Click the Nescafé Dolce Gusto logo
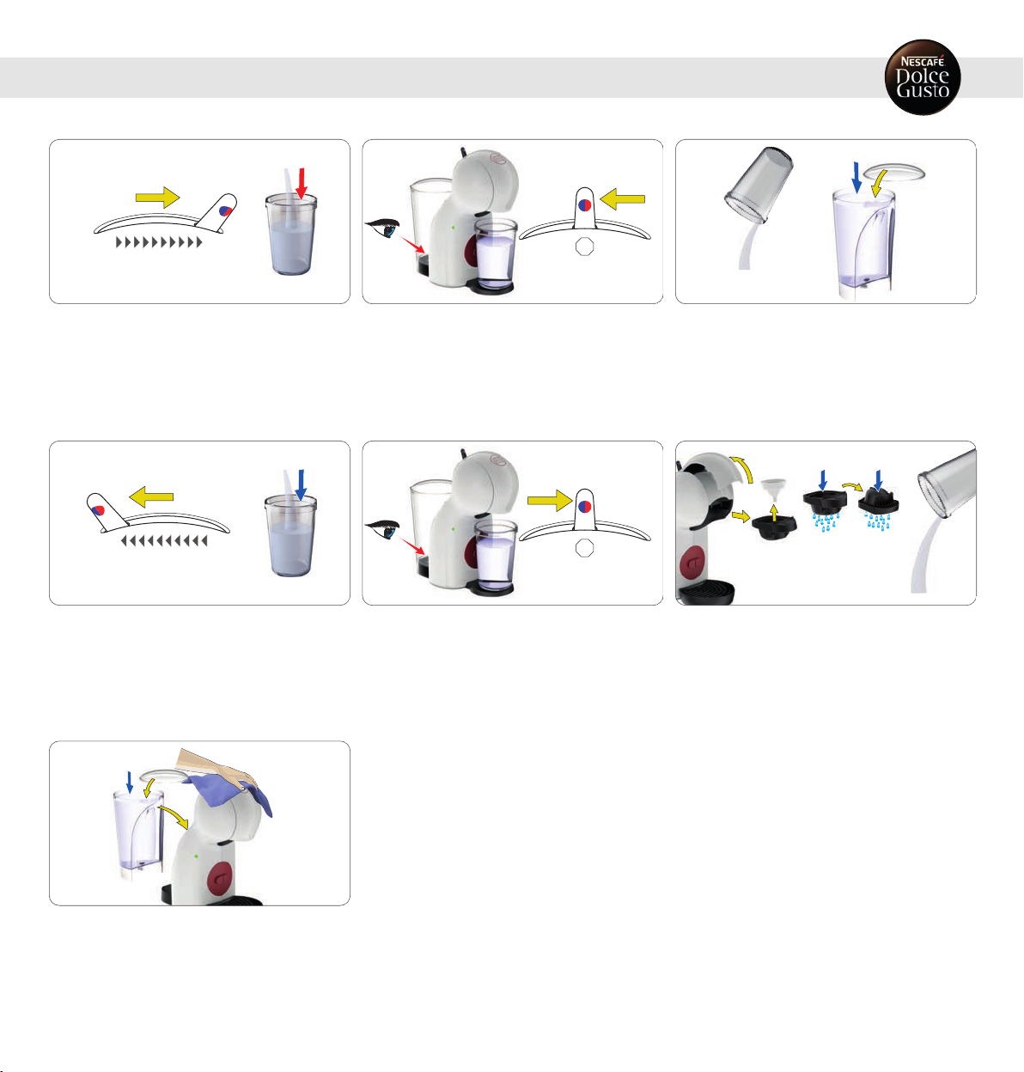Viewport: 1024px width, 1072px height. click(923, 77)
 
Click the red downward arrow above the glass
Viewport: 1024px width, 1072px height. click(302, 184)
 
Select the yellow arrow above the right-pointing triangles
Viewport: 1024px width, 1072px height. click(157, 198)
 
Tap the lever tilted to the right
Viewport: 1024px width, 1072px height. click(217, 213)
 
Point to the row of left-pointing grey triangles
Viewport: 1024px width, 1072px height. click(164, 541)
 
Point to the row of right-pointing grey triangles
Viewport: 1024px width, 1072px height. click(159, 242)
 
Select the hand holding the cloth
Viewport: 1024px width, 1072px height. click(215, 767)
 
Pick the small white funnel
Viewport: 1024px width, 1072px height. click(773, 489)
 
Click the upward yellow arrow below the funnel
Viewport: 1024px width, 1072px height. click(774, 512)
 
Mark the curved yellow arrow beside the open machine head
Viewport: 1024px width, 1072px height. click(742, 468)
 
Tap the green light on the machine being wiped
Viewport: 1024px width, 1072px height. click(196, 856)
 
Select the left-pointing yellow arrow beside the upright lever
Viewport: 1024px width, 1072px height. click(623, 199)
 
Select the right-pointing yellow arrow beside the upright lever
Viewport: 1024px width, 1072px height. click(551, 500)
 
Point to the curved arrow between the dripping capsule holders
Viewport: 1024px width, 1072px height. click(853, 486)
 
